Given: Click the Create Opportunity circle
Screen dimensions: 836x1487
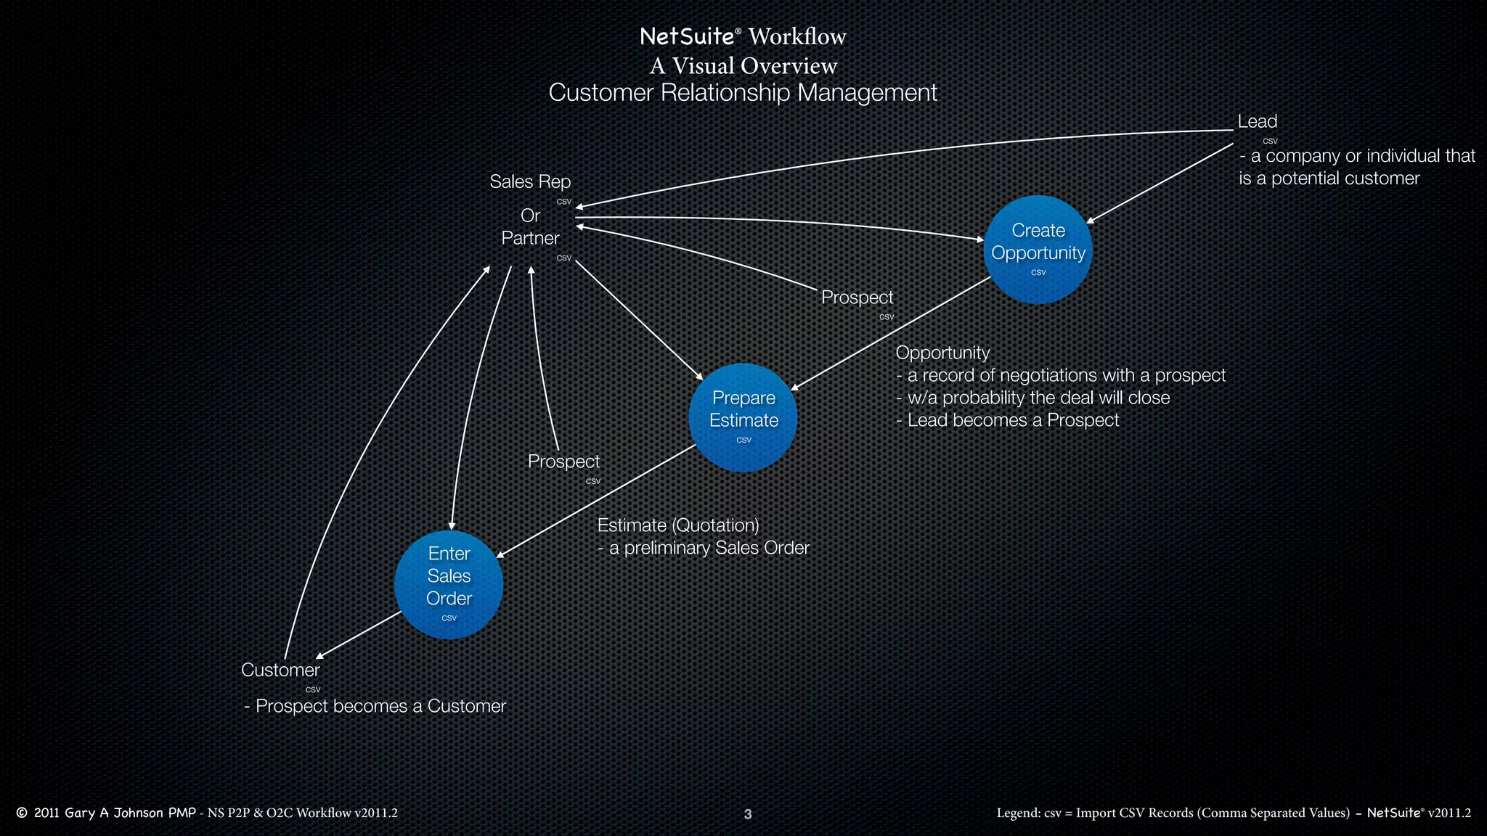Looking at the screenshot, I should click(1038, 249).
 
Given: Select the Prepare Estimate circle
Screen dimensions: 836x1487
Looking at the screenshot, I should click(743, 417).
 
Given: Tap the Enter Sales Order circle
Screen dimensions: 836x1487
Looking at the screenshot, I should click(449, 584).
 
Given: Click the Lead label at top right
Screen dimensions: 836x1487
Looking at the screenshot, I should click(1257, 121).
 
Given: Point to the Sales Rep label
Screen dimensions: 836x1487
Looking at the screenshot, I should click(530, 181).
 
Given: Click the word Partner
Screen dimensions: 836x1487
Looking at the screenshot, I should click(530, 238).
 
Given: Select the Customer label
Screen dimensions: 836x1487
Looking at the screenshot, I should click(280, 670).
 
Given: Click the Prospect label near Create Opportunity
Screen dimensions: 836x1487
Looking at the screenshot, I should click(857, 298).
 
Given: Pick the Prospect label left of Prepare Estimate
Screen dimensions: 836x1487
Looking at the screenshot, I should click(563, 462).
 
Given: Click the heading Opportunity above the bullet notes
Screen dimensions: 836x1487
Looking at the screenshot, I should click(942, 353).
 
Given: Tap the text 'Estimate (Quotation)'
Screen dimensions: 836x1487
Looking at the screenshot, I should click(678, 525).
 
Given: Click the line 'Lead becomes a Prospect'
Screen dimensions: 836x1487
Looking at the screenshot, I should click(1012, 420).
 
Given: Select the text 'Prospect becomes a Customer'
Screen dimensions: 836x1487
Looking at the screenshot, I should click(380, 706).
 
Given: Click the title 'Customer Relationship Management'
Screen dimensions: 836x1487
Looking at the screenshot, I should click(743, 93).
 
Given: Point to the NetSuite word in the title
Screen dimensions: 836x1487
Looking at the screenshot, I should click(687, 36).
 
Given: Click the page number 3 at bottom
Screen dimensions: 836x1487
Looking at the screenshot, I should click(748, 814).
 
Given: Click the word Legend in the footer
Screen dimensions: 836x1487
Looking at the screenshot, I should click(1018, 813).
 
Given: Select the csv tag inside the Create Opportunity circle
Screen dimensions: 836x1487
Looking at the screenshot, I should click(1038, 273).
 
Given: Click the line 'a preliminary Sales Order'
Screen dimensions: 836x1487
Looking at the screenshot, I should click(709, 548).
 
